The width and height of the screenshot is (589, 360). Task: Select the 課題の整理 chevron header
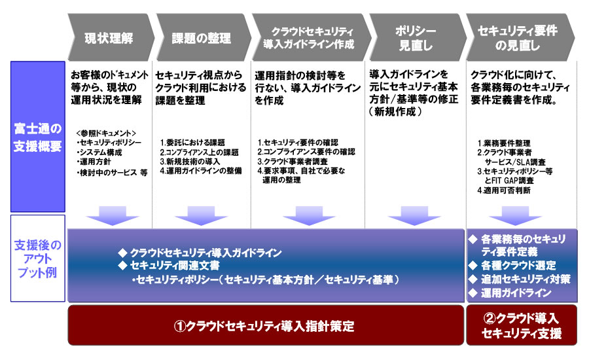point(201,38)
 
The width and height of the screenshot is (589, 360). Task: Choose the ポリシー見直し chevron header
point(415,38)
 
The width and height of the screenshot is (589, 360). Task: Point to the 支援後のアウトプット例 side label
point(37,258)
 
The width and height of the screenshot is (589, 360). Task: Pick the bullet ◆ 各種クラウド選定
point(512,265)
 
